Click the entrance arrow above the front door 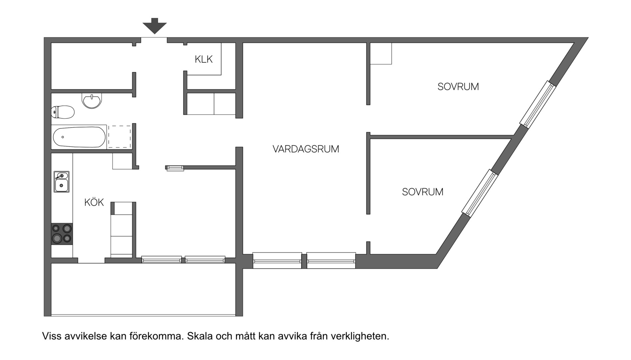(x=155, y=26)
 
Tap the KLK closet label (x=204, y=59)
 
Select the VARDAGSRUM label (x=306, y=149)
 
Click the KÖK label (x=94, y=202)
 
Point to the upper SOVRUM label (x=458, y=87)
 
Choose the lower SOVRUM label (x=422, y=192)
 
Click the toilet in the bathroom (x=63, y=112)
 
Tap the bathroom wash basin (x=92, y=101)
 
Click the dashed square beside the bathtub (x=119, y=137)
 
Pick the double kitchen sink (x=62, y=182)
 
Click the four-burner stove (x=62, y=234)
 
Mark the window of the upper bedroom (x=538, y=104)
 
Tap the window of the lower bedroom (x=480, y=193)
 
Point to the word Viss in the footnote (x=52, y=336)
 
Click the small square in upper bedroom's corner (x=381, y=53)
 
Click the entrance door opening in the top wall (x=154, y=40)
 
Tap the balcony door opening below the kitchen (x=91, y=260)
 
